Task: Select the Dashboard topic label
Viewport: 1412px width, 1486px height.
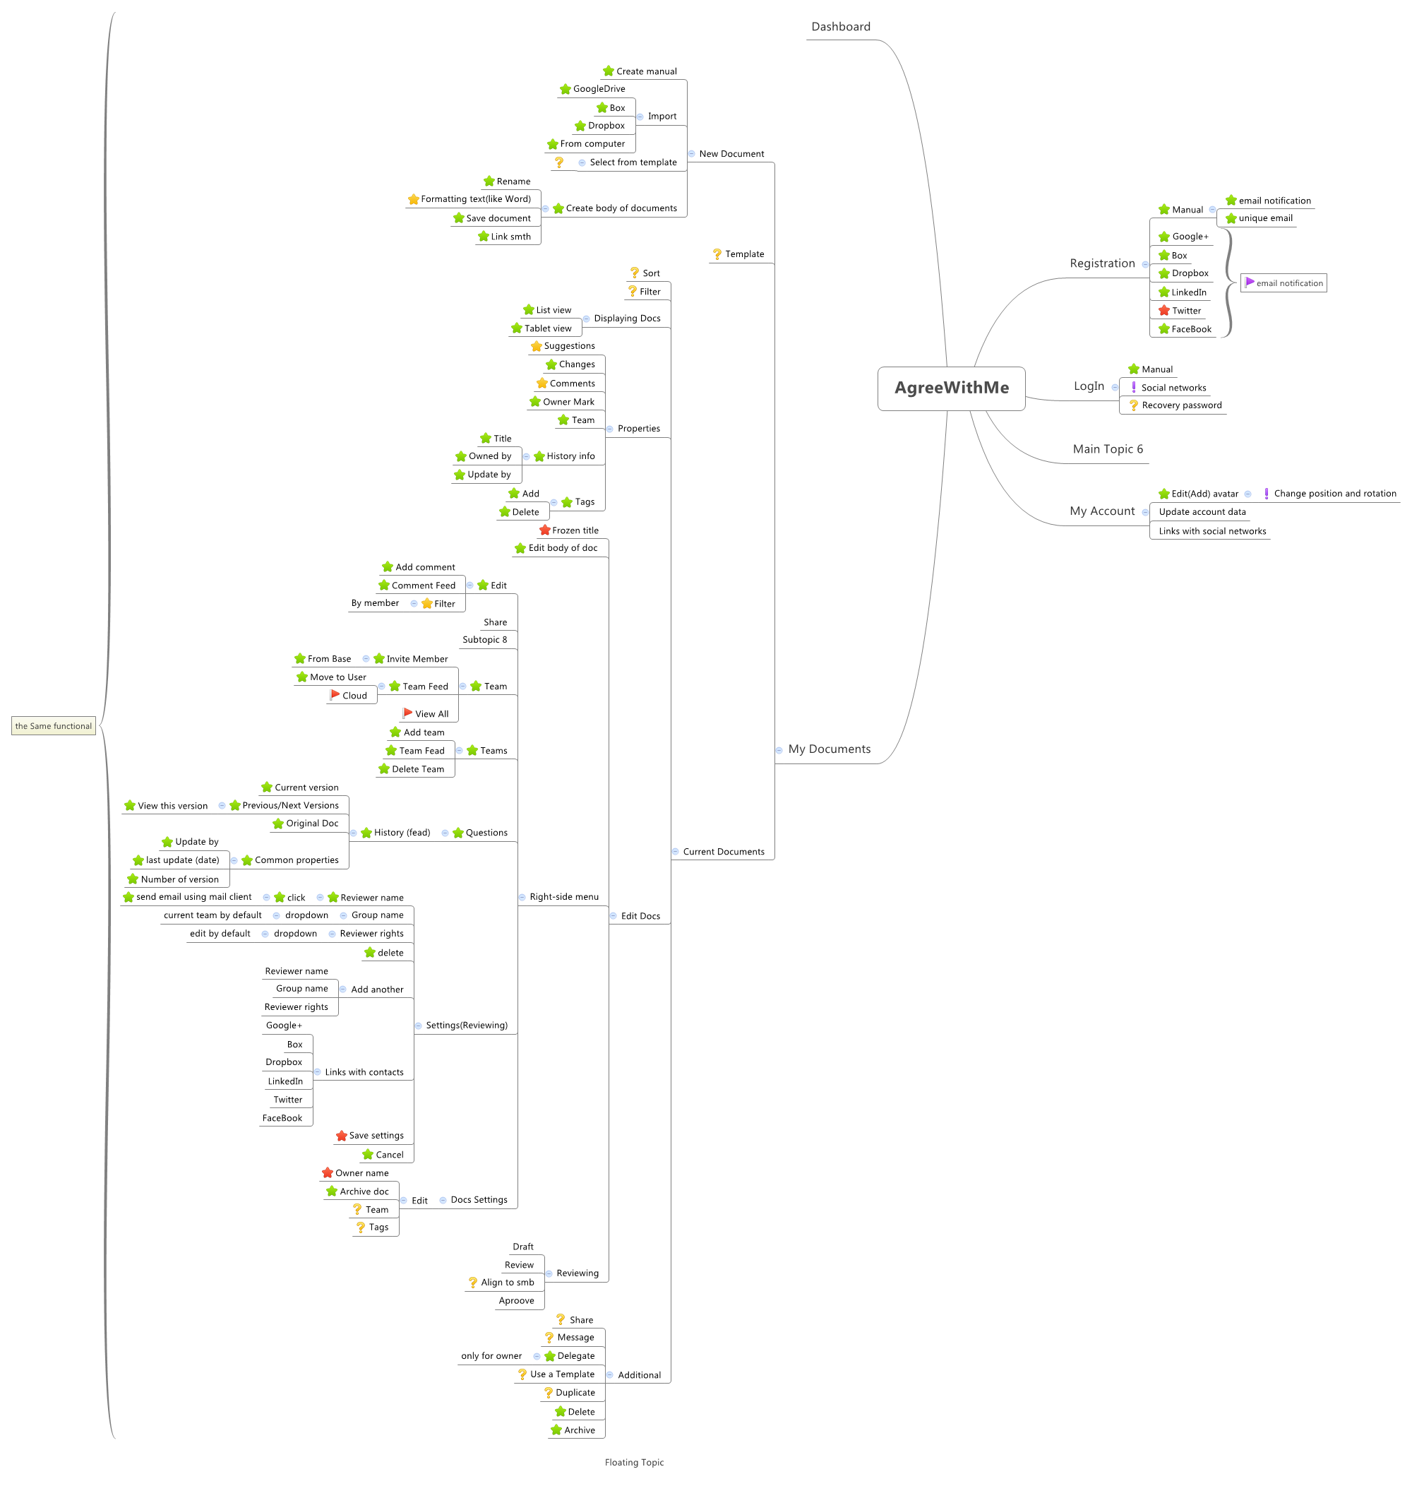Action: pyautogui.click(x=840, y=27)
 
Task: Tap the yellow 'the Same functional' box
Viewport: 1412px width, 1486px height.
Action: pyautogui.click(x=54, y=725)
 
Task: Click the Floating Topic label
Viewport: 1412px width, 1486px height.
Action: pyautogui.click(x=634, y=1462)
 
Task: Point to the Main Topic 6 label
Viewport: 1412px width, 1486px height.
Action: pyautogui.click(x=1107, y=448)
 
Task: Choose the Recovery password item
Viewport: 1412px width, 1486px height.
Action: pyautogui.click(x=1181, y=405)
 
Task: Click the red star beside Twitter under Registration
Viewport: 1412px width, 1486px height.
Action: pyautogui.click(x=1163, y=310)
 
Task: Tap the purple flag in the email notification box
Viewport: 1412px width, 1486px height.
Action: pyautogui.click(x=1249, y=283)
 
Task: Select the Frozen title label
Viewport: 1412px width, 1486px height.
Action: pyautogui.click(x=575, y=530)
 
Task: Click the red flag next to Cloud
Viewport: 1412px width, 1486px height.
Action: pyautogui.click(x=335, y=695)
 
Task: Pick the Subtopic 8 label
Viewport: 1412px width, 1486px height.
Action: pyautogui.click(x=485, y=639)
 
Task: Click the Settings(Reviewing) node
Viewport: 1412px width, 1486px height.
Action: pyautogui.click(x=467, y=1025)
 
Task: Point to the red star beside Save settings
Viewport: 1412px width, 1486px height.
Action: pyautogui.click(x=341, y=1135)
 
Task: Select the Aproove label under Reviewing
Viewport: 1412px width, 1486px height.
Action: pyautogui.click(x=516, y=1300)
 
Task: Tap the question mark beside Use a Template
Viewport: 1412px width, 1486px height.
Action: pyautogui.click(x=522, y=1374)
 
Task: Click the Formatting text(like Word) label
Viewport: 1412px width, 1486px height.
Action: pyautogui.click(x=476, y=198)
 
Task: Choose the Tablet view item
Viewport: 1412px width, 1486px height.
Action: pyautogui.click(x=548, y=328)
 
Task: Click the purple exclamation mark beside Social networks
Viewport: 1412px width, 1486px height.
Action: pyautogui.click(x=1134, y=387)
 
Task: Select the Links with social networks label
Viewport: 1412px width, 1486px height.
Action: pyautogui.click(x=1211, y=530)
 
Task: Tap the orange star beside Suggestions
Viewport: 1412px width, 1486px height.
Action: pyautogui.click(x=536, y=346)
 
